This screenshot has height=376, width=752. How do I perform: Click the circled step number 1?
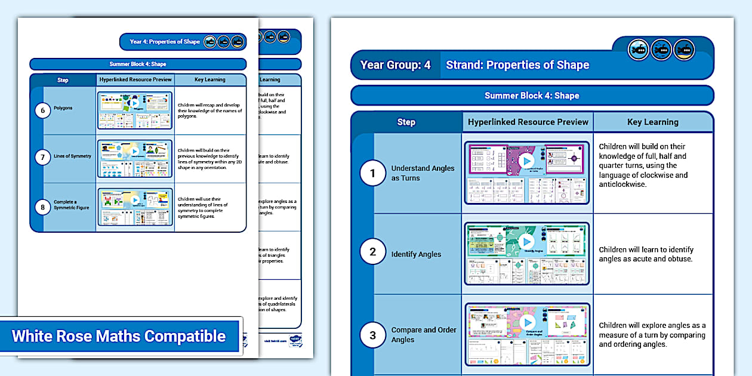click(x=373, y=173)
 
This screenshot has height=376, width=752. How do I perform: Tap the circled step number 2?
click(x=373, y=252)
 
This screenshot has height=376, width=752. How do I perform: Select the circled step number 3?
click(x=373, y=335)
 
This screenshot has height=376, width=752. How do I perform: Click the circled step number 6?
click(x=42, y=110)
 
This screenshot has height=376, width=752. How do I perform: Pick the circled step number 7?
click(x=42, y=158)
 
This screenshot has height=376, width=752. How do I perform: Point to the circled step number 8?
click(x=42, y=207)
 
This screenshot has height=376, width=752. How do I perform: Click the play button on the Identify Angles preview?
click(x=526, y=241)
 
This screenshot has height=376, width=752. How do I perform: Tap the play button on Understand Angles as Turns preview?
click(x=526, y=161)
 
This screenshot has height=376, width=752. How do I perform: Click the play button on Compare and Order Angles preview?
click(x=526, y=323)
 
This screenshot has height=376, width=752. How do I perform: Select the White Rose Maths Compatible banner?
click(x=119, y=336)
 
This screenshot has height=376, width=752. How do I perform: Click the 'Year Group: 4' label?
click(x=395, y=65)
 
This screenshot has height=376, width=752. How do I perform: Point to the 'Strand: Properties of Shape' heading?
click(x=517, y=65)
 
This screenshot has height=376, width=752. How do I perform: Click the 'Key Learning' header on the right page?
click(x=653, y=122)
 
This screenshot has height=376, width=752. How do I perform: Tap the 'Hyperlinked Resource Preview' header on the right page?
click(x=528, y=122)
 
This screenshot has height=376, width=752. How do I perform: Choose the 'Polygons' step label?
click(x=63, y=108)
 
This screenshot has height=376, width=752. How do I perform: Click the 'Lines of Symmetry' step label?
click(x=73, y=156)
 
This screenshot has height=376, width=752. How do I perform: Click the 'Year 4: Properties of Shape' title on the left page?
click(x=165, y=42)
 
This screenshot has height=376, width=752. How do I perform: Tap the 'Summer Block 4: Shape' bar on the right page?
click(x=532, y=95)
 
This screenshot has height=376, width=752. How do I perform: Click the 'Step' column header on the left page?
click(x=63, y=80)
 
